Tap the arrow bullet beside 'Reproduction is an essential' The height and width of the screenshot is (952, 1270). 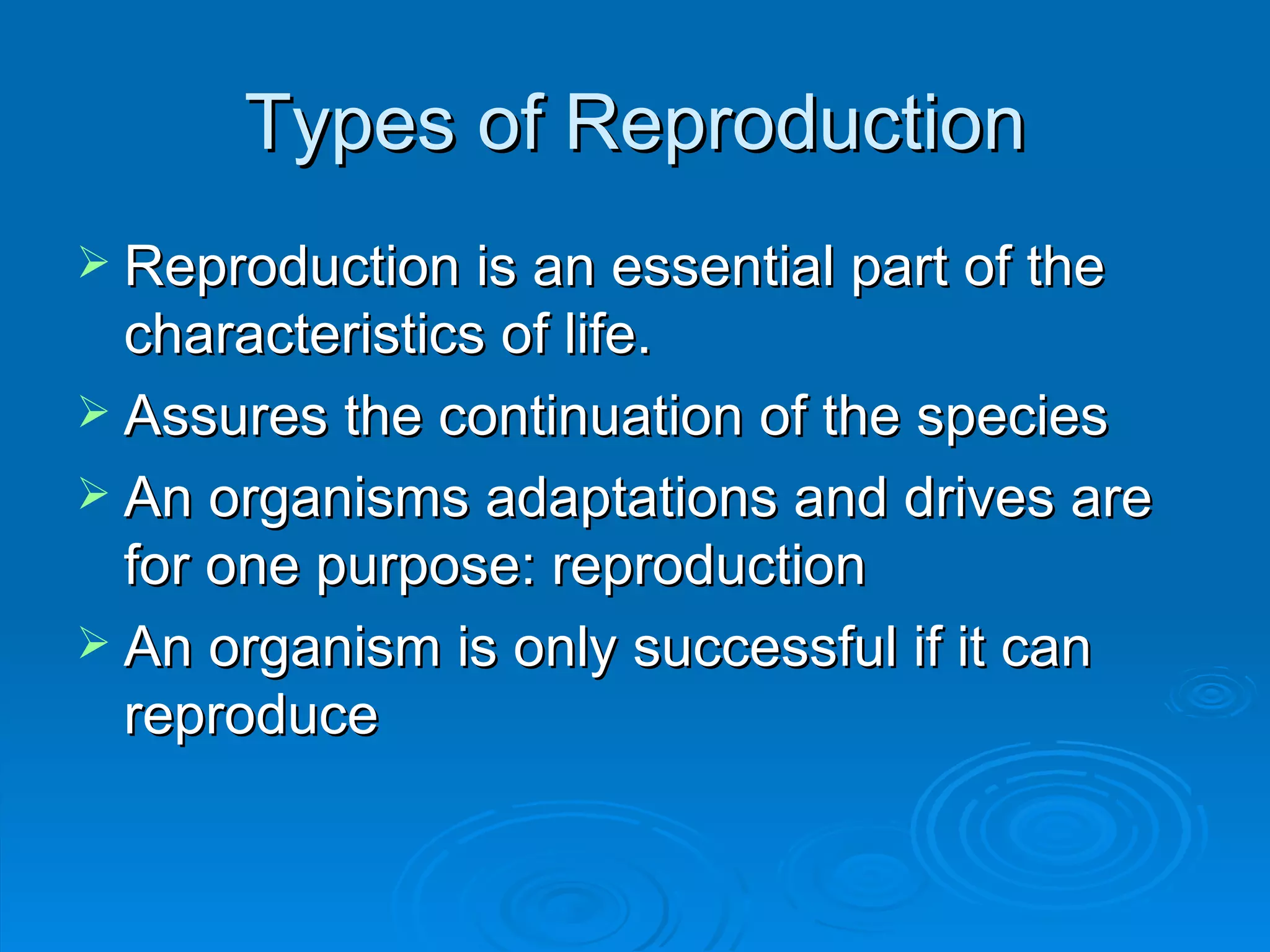click(94, 262)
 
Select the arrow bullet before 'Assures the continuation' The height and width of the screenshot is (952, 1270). click(94, 412)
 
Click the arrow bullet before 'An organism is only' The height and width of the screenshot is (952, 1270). click(94, 644)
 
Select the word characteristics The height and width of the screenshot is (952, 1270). click(304, 335)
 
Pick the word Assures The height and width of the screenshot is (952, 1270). click(226, 417)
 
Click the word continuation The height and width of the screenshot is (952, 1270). click(590, 417)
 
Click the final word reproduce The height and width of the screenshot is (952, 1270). click(251, 717)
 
